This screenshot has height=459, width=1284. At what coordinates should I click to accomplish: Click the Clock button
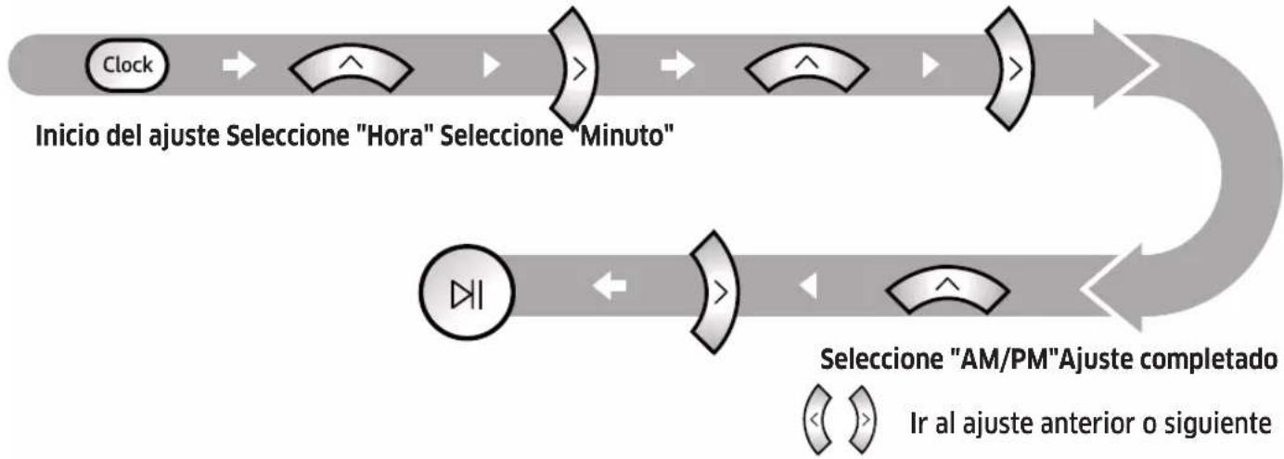127,65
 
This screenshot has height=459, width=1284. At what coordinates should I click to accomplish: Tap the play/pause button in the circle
467,292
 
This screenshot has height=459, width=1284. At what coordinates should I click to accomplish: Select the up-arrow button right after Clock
351,68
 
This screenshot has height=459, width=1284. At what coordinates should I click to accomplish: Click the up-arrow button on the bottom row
947,289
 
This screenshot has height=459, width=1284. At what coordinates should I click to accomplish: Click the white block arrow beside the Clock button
239,64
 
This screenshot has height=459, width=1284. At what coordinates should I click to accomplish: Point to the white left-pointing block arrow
610,286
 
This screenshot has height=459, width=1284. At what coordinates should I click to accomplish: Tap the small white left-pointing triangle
809,286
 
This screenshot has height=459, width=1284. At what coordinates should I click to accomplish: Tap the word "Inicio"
64,136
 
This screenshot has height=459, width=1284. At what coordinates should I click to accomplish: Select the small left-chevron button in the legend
815,420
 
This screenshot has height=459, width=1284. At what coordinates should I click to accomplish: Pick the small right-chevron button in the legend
863,420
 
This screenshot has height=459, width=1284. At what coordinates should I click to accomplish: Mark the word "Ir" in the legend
918,424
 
